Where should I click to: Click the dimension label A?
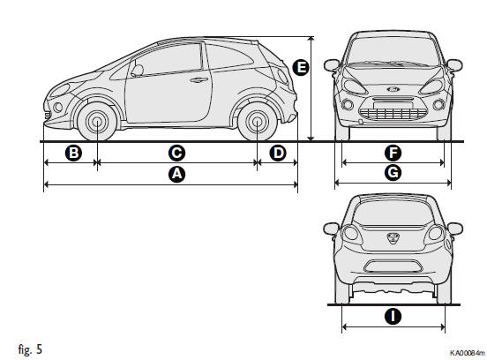click(x=176, y=174)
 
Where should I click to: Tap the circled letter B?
click(x=73, y=154)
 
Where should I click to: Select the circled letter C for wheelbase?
click(x=176, y=154)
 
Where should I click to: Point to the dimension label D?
click(x=278, y=154)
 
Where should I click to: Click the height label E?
click(x=301, y=68)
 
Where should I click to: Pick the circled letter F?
click(x=393, y=154)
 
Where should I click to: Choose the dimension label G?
click(x=393, y=173)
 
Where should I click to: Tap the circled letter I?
click(x=393, y=317)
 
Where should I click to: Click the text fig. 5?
click(x=30, y=349)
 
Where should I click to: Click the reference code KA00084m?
click(x=467, y=353)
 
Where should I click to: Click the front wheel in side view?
click(x=97, y=122)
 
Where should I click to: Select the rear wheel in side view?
click(x=257, y=122)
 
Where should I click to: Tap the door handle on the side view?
click(x=199, y=80)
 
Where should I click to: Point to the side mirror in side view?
click(x=137, y=71)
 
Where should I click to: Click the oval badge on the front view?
click(x=393, y=89)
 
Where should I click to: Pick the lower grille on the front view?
click(x=393, y=113)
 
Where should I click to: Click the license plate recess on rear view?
click(x=393, y=266)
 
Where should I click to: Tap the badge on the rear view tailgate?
click(x=393, y=238)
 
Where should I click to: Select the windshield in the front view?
click(x=393, y=51)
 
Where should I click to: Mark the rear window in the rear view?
click(x=393, y=213)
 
